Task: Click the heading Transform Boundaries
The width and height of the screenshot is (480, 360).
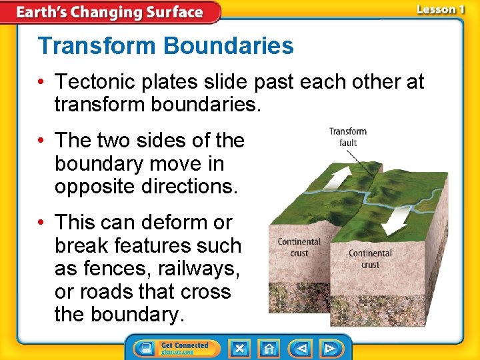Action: click(165, 46)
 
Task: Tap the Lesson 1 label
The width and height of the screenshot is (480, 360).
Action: click(440, 9)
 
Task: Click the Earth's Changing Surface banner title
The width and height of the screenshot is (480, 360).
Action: click(109, 12)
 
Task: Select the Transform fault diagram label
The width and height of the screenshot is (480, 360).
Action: click(347, 137)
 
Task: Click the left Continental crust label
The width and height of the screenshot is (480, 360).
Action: click(299, 247)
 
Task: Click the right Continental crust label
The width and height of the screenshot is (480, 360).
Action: click(370, 259)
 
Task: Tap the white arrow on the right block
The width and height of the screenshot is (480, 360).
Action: click(399, 218)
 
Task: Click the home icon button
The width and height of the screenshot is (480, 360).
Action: click(269, 348)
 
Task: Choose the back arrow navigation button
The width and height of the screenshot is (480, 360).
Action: click(301, 348)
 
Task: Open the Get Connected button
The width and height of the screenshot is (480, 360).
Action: click(173, 348)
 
